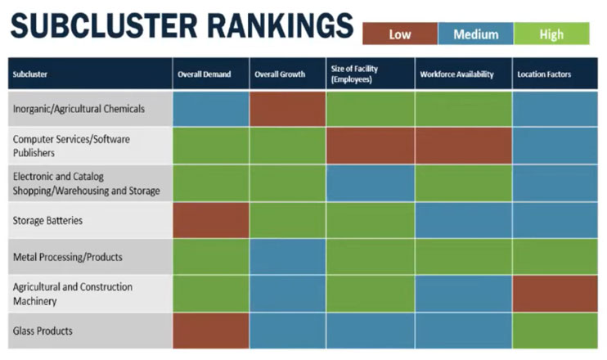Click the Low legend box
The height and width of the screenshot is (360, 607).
400,34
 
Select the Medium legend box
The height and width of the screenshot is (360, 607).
475,34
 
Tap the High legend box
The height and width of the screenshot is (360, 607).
552,34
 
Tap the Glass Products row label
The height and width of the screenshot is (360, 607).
43,331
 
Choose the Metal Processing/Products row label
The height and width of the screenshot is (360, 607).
67,257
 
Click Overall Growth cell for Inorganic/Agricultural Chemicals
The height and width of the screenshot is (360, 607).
287,109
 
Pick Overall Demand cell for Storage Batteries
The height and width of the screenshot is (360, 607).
210,220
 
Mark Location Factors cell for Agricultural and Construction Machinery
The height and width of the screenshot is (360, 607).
555,294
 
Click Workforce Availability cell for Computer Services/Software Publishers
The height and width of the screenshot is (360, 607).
463,146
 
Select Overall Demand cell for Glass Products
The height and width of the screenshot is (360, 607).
210,331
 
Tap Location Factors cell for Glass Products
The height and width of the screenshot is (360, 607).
555,331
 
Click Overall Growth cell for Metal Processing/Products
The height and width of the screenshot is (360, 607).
287,257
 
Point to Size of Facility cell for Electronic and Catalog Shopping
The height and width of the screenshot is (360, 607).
370,183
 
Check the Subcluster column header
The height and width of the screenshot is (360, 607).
30,74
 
